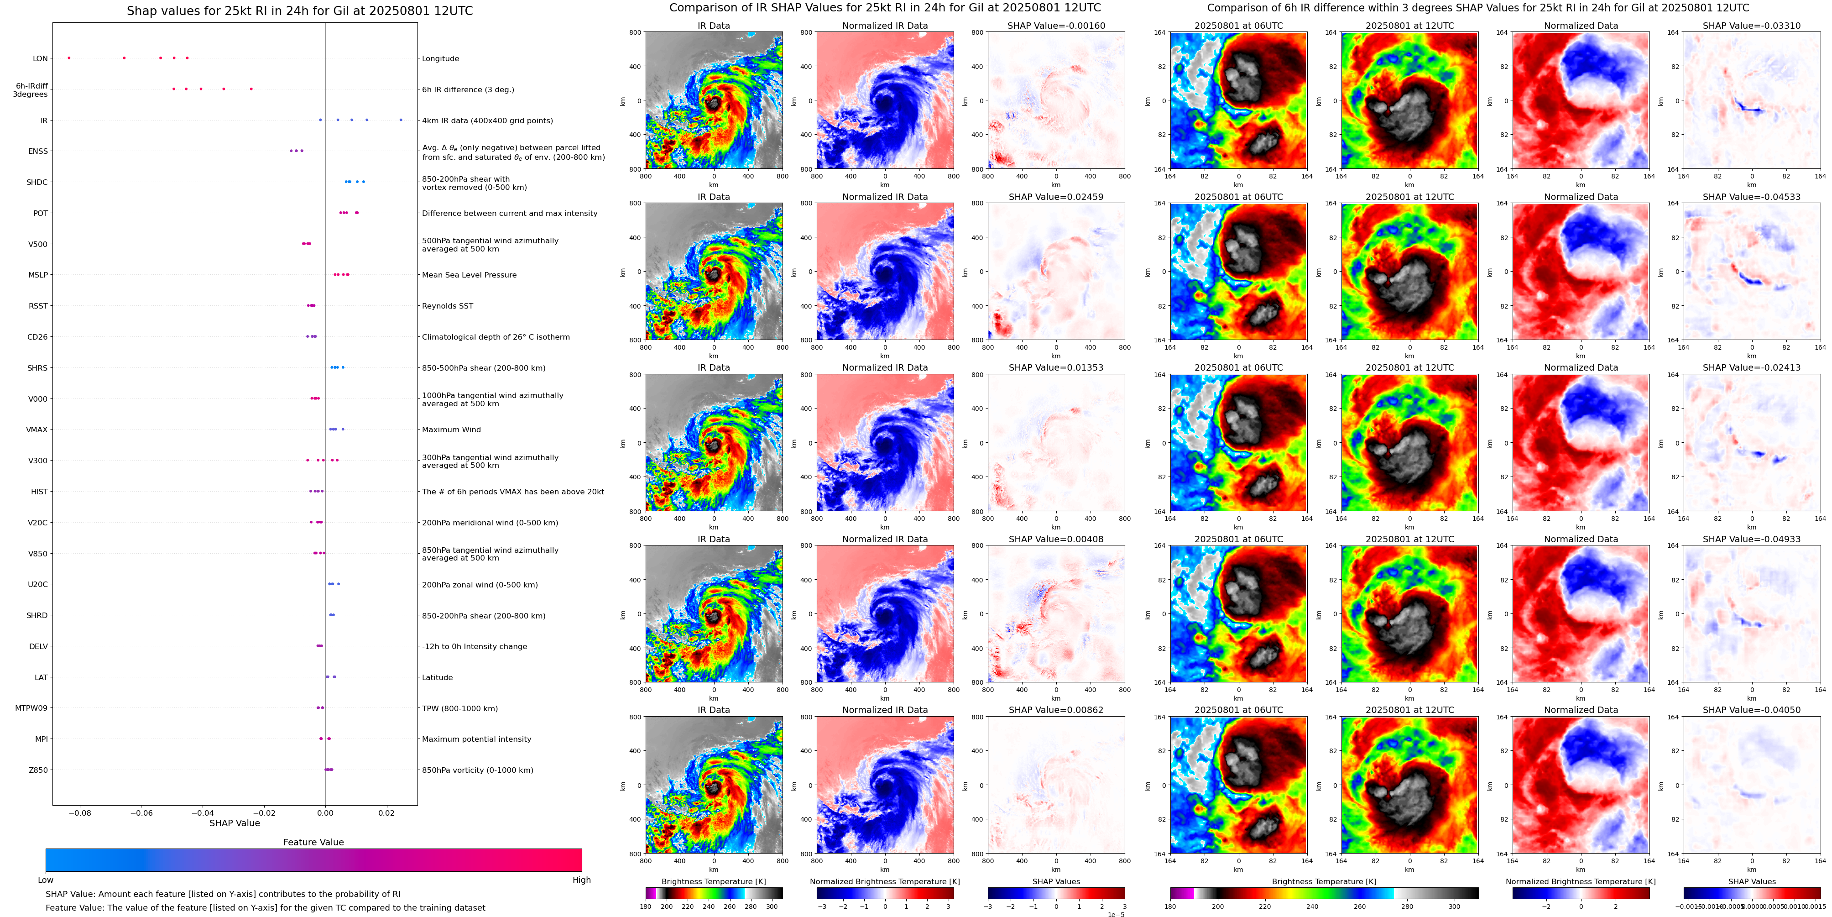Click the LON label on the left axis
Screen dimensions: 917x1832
tap(41, 59)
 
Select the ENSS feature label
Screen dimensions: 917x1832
tap(38, 152)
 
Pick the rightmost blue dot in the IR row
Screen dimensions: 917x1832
tap(401, 120)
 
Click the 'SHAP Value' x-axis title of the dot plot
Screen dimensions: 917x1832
tap(234, 823)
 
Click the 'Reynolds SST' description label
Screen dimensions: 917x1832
tap(447, 306)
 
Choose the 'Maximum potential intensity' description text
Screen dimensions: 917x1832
tap(476, 739)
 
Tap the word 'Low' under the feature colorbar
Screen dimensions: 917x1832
tap(46, 880)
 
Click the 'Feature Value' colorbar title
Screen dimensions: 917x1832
tap(313, 842)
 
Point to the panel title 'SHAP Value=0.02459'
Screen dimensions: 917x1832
tap(1055, 197)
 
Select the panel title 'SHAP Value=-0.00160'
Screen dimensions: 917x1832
tap(1055, 26)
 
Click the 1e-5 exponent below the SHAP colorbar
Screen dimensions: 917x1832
tap(1116, 914)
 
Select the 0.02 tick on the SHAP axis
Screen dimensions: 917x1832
tap(386, 812)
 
